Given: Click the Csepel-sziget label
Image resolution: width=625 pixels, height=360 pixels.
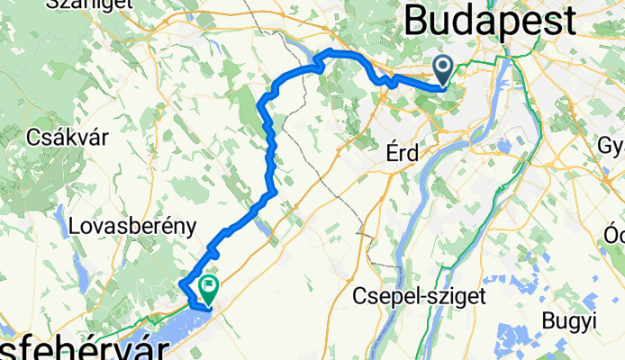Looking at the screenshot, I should coord(421,294).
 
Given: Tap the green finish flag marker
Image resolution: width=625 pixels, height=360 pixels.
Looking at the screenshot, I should coord(208,288).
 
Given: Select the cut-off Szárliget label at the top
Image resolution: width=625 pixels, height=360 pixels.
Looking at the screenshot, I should coord(65,4).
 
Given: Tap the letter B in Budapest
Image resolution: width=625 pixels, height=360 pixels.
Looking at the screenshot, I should coord(417,20).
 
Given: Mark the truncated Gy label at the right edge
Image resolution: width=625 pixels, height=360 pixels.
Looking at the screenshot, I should coord(611,146).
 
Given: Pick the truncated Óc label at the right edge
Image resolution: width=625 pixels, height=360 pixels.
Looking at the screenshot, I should coord(614,233).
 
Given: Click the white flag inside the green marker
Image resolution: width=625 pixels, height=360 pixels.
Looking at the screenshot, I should coord(210,286).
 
